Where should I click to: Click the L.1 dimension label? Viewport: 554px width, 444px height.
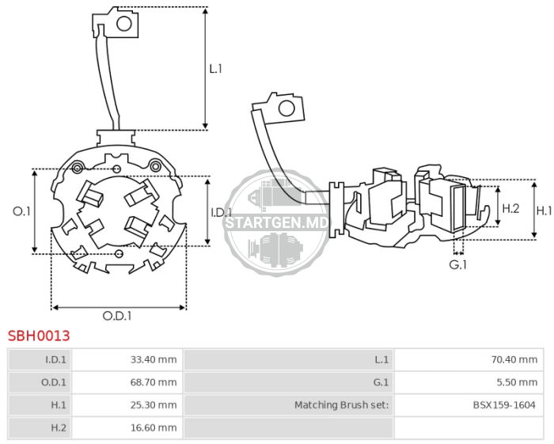[215, 69]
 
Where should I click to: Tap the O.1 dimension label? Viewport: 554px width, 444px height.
[21, 211]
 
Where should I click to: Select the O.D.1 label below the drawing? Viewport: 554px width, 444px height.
[117, 316]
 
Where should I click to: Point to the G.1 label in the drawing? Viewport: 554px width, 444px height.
[458, 264]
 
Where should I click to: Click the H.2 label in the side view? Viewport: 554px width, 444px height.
[511, 208]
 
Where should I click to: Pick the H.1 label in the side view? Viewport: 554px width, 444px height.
[545, 211]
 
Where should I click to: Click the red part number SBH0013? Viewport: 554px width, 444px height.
[39, 336]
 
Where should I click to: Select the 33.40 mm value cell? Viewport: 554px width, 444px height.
[154, 359]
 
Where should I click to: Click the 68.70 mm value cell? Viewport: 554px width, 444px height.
[154, 382]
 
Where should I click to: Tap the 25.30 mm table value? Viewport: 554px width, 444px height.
[154, 404]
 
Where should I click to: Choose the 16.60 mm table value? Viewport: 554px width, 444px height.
[154, 427]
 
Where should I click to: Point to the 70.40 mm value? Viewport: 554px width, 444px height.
[514, 359]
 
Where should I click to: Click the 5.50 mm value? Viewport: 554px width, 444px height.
[517, 382]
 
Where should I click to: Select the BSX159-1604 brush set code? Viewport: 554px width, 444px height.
[504, 404]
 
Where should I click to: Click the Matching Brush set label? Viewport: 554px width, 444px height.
[342, 404]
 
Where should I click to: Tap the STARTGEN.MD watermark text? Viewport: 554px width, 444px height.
[277, 223]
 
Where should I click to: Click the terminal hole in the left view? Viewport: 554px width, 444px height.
[124, 24]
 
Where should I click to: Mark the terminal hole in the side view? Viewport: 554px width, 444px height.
[286, 108]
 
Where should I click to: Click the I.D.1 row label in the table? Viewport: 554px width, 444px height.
[56, 359]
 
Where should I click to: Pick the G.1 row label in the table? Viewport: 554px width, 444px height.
[381, 382]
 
